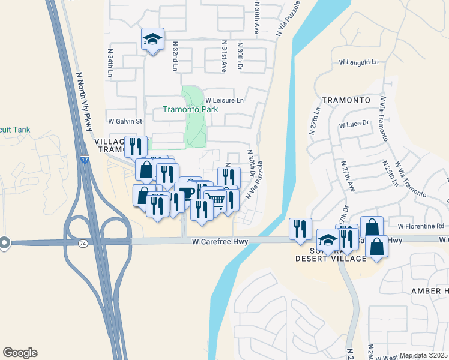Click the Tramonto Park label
190,110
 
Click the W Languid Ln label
359,62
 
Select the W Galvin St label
125,121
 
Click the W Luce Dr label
354,125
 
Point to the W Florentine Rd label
420,226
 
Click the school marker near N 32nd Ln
152,40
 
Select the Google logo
20,353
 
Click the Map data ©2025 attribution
423,355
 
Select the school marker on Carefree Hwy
328,240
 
